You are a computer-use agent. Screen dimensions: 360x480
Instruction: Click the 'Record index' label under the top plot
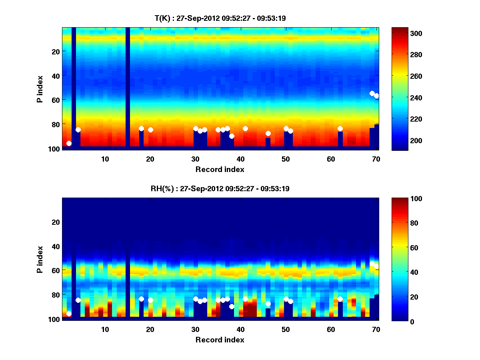pyautogui.click(x=220, y=169)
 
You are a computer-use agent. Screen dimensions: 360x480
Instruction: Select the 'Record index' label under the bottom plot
pyautogui.click(x=220, y=340)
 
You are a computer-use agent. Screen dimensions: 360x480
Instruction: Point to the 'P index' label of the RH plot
pyautogui.click(x=40, y=259)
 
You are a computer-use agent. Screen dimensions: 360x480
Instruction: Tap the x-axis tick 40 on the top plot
pyautogui.click(x=240, y=158)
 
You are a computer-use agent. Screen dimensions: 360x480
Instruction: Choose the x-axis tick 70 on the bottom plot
pyautogui.click(x=376, y=329)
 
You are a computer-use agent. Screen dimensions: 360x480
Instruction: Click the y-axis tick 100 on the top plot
pyautogui.click(x=55, y=149)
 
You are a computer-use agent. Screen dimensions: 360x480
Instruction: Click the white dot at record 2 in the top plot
pyautogui.click(x=69, y=143)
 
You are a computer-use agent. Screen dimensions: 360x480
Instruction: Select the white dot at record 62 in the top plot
pyautogui.click(x=340, y=128)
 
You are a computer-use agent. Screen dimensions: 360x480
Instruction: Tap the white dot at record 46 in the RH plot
pyautogui.click(x=268, y=304)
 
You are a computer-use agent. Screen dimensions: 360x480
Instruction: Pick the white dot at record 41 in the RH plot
pyautogui.click(x=245, y=299)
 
